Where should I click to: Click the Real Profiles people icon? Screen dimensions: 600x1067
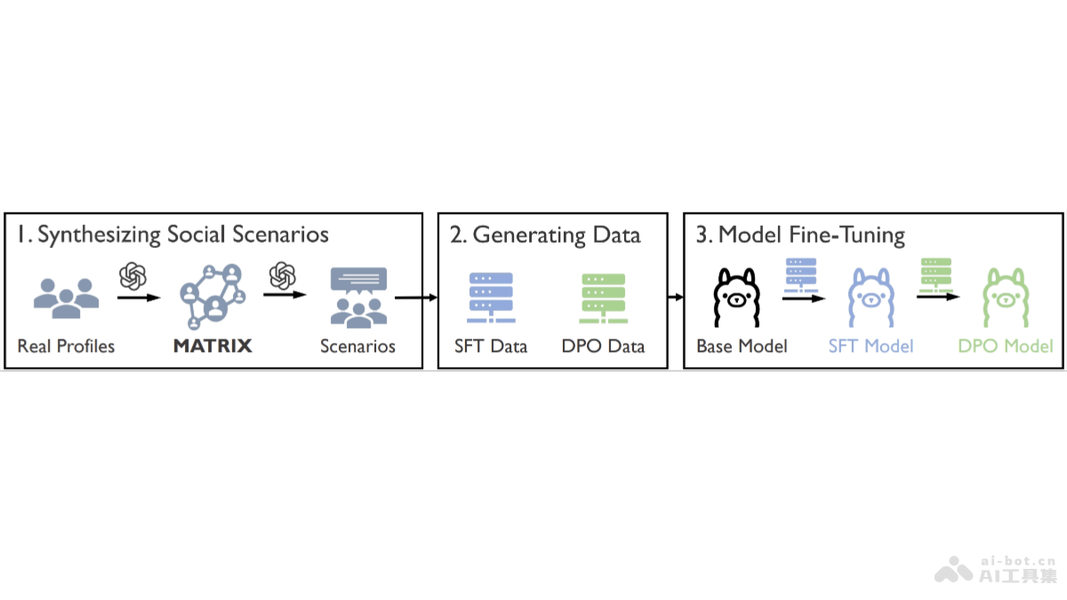click(65, 294)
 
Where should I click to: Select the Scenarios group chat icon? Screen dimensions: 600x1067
click(358, 297)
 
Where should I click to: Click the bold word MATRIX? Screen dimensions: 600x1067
click(213, 346)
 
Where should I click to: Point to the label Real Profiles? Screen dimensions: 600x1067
click(66, 346)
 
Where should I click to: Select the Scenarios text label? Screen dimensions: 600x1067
click(357, 346)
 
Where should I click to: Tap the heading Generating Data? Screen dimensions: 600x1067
click(546, 235)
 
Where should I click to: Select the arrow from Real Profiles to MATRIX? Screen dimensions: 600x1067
click(138, 298)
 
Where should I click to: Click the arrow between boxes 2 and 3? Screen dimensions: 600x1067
click(675, 298)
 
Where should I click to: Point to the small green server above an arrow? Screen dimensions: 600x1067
click(936, 273)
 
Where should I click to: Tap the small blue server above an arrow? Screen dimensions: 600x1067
click(802, 273)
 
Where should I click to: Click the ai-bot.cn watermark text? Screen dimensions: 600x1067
click(1016, 561)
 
